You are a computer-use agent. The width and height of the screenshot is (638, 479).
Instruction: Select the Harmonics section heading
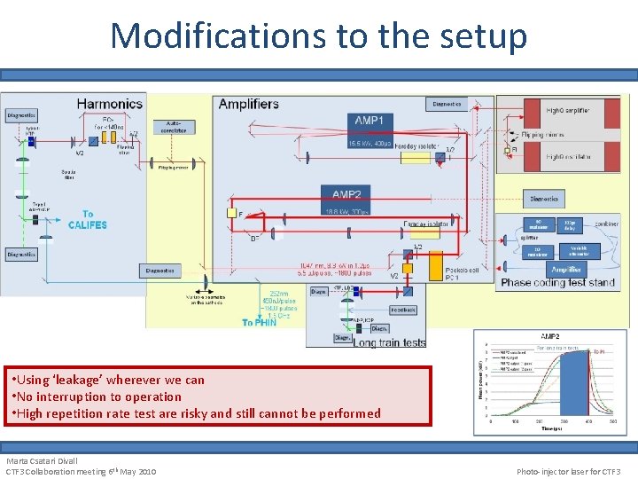click(x=110, y=104)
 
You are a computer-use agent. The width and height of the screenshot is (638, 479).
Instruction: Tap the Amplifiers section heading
click(x=249, y=104)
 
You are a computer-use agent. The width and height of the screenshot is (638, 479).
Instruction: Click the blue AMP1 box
click(x=369, y=122)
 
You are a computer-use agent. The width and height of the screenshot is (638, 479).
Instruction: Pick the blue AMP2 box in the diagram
click(x=346, y=195)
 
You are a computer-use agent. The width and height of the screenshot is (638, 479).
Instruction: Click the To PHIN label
click(x=260, y=322)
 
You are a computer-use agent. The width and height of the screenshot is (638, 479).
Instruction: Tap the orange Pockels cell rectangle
click(x=435, y=266)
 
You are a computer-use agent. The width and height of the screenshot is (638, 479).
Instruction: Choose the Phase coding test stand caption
click(x=557, y=282)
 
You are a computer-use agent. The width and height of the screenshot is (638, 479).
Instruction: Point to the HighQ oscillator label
click(x=568, y=157)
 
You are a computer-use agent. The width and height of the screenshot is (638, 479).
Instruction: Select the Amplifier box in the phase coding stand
click(x=565, y=269)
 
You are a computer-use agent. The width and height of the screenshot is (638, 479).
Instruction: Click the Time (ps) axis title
click(x=551, y=428)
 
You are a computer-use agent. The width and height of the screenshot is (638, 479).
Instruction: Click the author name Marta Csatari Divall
click(x=42, y=461)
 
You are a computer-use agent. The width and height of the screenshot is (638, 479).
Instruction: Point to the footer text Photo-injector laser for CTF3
click(x=569, y=471)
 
